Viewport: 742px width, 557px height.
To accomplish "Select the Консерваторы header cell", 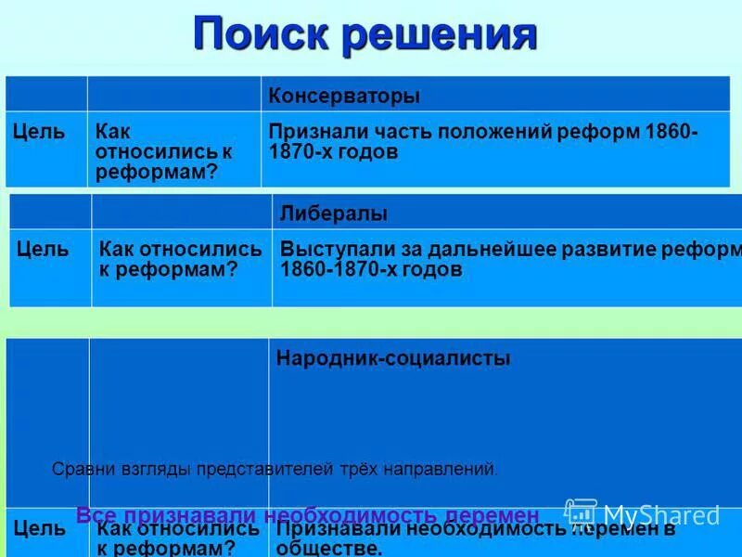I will coord(344,96).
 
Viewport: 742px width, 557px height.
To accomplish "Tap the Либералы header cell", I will coord(334,214).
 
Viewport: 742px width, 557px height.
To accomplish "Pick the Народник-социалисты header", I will coord(393,358).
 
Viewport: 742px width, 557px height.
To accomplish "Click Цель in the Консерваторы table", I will coord(39,131).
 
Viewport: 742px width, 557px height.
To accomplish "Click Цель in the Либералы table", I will coord(43,250).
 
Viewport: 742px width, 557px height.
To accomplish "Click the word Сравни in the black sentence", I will coord(78,470).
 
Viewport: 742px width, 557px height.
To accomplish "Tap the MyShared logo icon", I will coord(581,513).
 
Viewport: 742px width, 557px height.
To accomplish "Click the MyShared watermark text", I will coord(661,515).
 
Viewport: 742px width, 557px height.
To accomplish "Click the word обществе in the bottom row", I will coord(328,548).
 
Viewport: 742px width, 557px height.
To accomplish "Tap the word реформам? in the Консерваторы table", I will coord(147,172).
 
